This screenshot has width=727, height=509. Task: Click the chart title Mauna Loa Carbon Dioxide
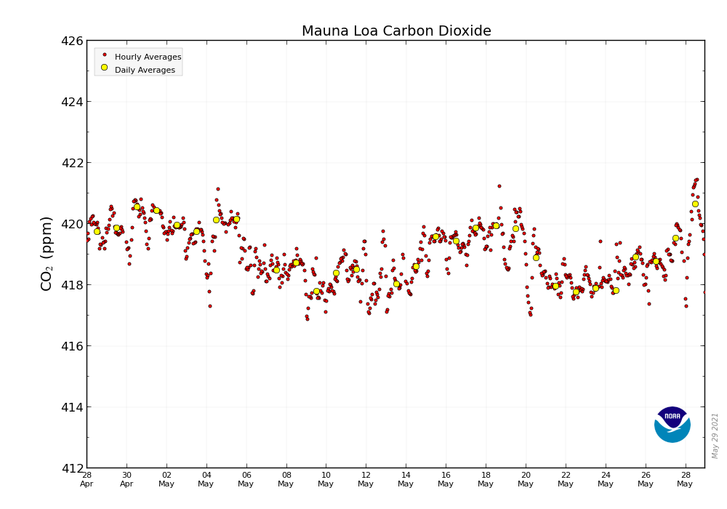coord(396,31)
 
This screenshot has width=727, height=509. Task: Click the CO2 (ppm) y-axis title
coord(47,253)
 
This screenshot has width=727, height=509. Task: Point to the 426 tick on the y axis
coord(71,41)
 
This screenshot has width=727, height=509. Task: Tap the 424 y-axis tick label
coord(71,102)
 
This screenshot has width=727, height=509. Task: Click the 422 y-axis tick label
coord(71,163)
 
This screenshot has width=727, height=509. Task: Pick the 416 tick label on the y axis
coord(71,346)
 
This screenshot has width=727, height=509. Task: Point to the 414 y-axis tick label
coord(71,407)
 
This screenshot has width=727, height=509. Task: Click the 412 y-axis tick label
coord(71,468)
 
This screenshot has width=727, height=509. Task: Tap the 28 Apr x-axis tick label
coord(87,479)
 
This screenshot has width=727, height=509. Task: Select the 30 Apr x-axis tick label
coord(126,479)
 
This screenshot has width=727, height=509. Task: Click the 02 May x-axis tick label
coord(166,479)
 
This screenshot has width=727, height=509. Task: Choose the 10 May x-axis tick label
coord(326,479)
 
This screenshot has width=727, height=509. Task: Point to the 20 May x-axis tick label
coord(526,479)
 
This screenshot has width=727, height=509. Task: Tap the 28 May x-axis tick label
coord(685,479)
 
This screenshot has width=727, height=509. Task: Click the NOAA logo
coord(672,425)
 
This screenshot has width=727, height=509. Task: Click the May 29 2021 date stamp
coord(715,435)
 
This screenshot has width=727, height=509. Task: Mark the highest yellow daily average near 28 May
coord(695,204)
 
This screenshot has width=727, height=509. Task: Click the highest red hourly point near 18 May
coord(499,186)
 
